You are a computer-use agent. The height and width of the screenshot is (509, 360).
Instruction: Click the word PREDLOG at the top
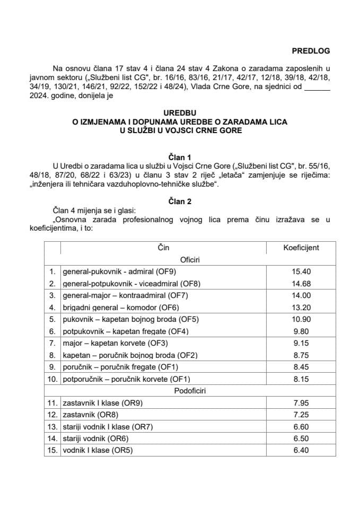[311, 51]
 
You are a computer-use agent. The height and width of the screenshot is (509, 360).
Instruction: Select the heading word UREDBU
[180, 113]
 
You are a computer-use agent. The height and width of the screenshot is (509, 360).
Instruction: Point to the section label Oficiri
[180, 260]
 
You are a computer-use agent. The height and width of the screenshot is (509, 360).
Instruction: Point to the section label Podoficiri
[180, 391]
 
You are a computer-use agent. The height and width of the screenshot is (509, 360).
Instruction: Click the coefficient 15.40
[300, 271]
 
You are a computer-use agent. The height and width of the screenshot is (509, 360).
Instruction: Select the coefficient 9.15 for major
[300, 343]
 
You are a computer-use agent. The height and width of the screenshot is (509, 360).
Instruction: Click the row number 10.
[51, 379]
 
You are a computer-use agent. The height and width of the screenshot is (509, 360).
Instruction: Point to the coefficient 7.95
[300, 403]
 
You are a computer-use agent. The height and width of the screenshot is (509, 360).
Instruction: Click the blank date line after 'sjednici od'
[318, 88]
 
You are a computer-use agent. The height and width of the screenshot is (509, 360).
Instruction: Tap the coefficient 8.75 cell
[300, 355]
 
